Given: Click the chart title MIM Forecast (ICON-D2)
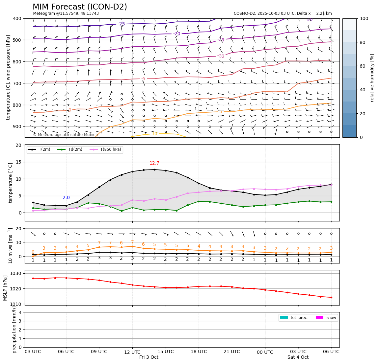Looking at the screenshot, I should [x=80, y=7].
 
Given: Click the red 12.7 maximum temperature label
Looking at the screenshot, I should [x=154, y=163].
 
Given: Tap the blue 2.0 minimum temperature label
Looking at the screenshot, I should [x=66, y=198].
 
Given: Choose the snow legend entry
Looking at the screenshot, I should [x=331, y=318].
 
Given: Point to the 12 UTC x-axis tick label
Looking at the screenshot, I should [x=132, y=352].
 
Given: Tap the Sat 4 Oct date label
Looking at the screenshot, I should [x=298, y=357].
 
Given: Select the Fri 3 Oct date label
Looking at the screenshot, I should [x=149, y=357].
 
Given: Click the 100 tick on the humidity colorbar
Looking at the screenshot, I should [x=364, y=18].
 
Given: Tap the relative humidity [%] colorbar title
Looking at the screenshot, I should [x=372, y=78].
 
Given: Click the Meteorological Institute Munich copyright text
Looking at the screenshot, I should [x=65, y=135].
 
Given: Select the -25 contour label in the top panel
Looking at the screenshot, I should [x=121, y=24].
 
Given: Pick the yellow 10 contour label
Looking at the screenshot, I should [x=154, y=134].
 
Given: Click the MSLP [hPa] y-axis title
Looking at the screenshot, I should [x=5, y=288].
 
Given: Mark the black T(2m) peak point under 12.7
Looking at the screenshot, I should [x=154, y=170].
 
